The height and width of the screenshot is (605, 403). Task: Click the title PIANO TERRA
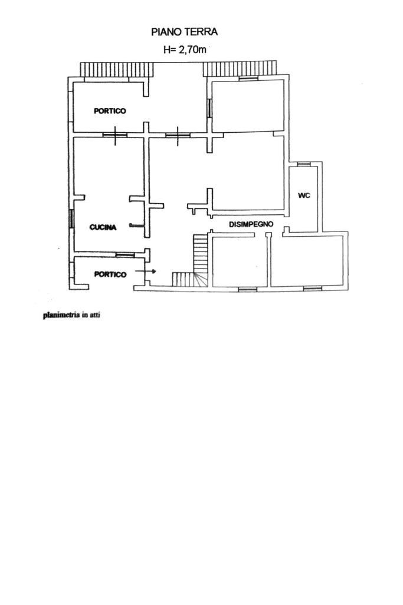click(x=185, y=32)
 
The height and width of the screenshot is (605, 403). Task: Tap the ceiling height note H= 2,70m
click(x=185, y=50)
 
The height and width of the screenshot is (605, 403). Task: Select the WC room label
click(x=304, y=195)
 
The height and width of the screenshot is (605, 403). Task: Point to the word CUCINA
click(x=103, y=227)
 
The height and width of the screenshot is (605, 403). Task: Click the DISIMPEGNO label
click(x=251, y=224)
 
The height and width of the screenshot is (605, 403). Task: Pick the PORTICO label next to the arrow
click(x=110, y=274)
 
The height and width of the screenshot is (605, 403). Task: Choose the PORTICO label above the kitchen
click(x=110, y=111)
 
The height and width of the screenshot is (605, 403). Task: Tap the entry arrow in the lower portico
click(x=145, y=272)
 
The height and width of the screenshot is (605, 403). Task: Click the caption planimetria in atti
click(x=72, y=315)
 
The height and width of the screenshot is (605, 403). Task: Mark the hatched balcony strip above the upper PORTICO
click(x=117, y=70)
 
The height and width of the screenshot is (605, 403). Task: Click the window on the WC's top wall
click(x=303, y=163)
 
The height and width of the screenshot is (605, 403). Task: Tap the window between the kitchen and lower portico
click(x=124, y=254)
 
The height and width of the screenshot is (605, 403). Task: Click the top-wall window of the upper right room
click(x=248, y=77)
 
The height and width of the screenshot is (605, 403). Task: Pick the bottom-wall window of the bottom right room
click(x=312, y=289)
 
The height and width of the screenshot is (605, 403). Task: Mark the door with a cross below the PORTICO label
click(x=116, y=135)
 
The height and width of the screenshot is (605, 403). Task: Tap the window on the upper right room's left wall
click(x=209, y=108)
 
